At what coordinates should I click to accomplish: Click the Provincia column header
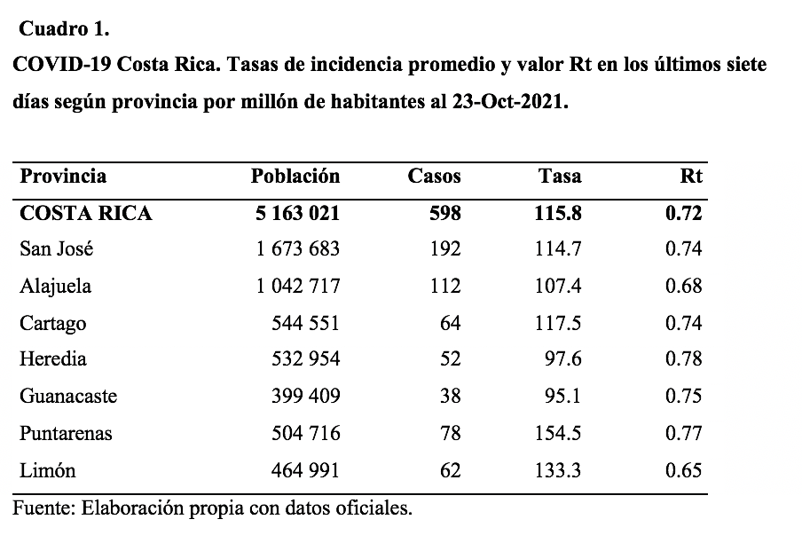63,176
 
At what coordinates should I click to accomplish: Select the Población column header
295,176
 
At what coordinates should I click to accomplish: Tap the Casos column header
434,176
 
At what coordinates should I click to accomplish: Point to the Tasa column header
560,176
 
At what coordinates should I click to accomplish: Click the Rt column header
691,176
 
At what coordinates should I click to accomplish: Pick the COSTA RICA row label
86,213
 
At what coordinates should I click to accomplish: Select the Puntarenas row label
66,433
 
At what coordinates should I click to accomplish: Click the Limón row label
48,470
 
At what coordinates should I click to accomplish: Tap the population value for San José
298,249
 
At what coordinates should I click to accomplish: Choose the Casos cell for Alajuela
445,286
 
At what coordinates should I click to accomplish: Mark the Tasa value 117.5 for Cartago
558,323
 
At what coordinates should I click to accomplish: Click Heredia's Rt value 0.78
684,359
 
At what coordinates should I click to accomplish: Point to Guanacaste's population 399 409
305,396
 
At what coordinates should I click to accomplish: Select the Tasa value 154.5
558,433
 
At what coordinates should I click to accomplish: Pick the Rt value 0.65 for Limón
684,470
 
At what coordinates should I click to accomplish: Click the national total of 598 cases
445,213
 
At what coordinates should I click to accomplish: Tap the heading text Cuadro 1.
64,29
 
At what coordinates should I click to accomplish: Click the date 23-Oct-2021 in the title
510,101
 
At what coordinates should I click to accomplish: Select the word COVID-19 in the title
62,65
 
